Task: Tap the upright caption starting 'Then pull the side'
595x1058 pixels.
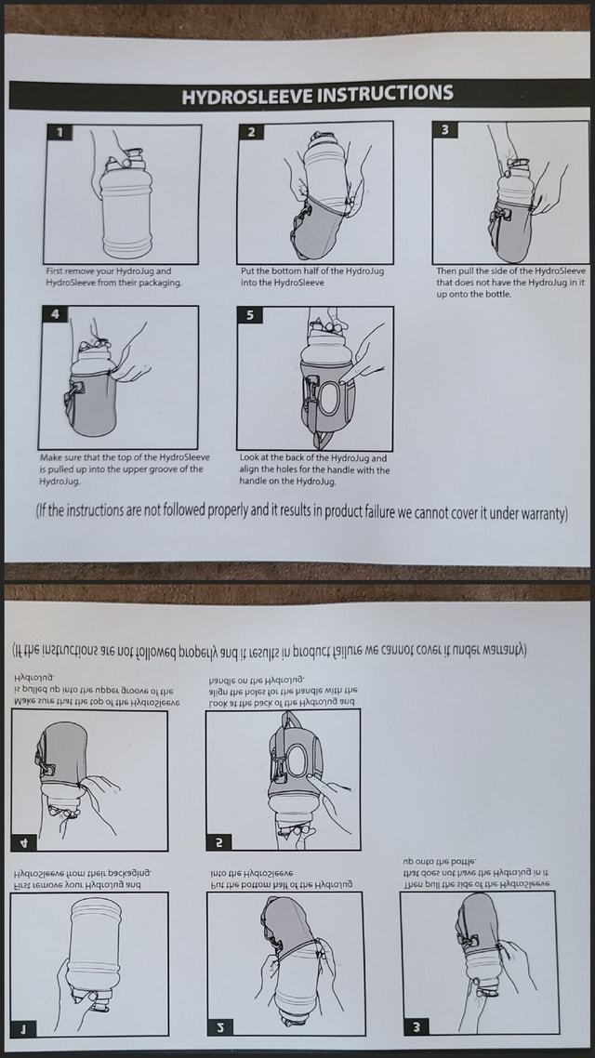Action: [x=511, y=282]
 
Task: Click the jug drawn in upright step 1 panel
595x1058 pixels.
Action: [x=124, y=205]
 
